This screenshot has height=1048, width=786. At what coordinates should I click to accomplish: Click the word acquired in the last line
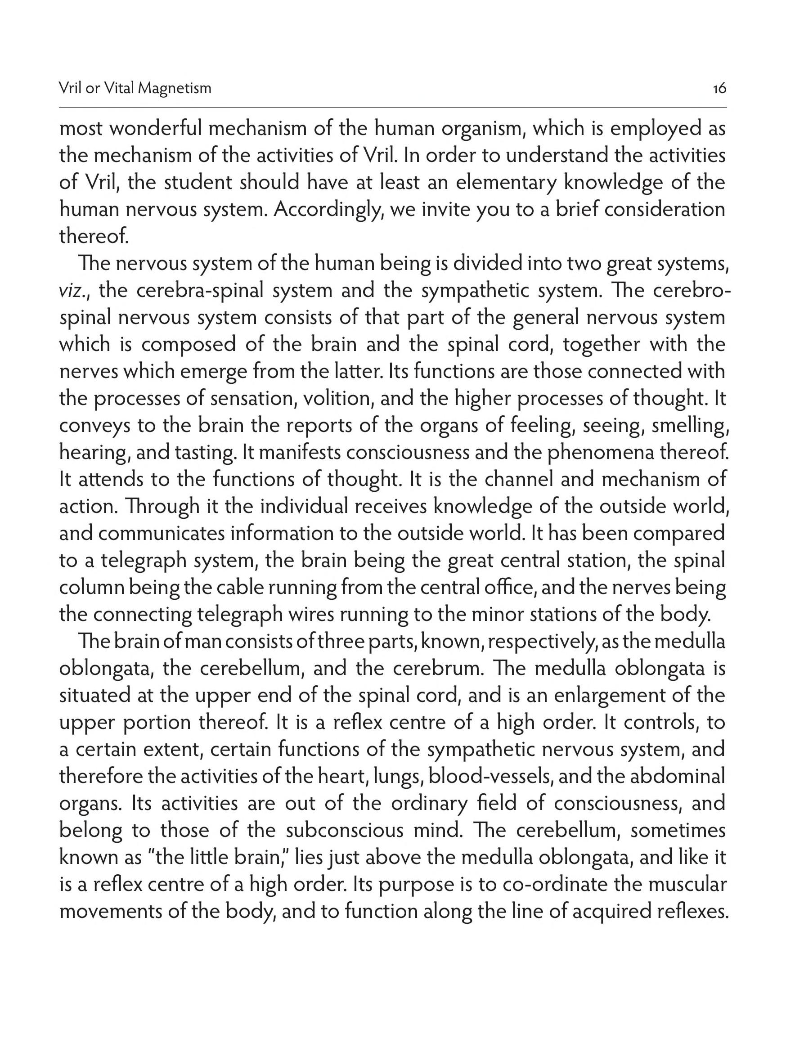608,912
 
